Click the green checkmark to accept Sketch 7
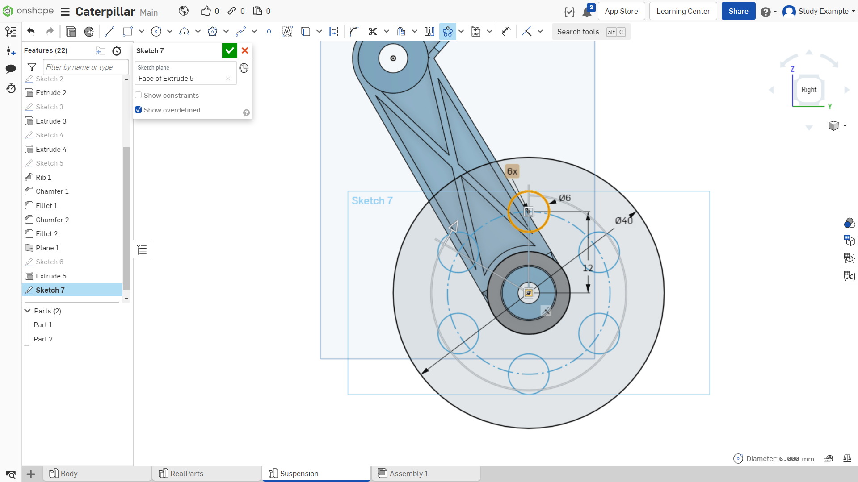[x=229, y=51]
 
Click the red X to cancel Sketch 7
[x=245, y=51]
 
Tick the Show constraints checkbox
[x=139, y=95]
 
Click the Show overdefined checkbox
[x=139, y=110]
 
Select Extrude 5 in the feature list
[x=51, y=276]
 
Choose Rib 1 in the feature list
[x=43, y=177]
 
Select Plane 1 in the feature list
[x=47, y=248]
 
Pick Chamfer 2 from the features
[x=52, y=220]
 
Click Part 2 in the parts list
[x=43, y=339]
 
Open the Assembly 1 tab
[x=409, y=474]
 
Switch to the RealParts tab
[x=187, y=474]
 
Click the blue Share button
[x=738, y=11]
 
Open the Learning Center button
[x=683, y=11]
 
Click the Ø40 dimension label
[x=623, y=220]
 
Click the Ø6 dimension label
[x=565, y=198]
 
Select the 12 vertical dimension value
[x=588, y=268]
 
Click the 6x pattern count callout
[x=512, y=171]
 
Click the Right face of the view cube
[x=809, y=90]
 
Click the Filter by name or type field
[x=85, y=67]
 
